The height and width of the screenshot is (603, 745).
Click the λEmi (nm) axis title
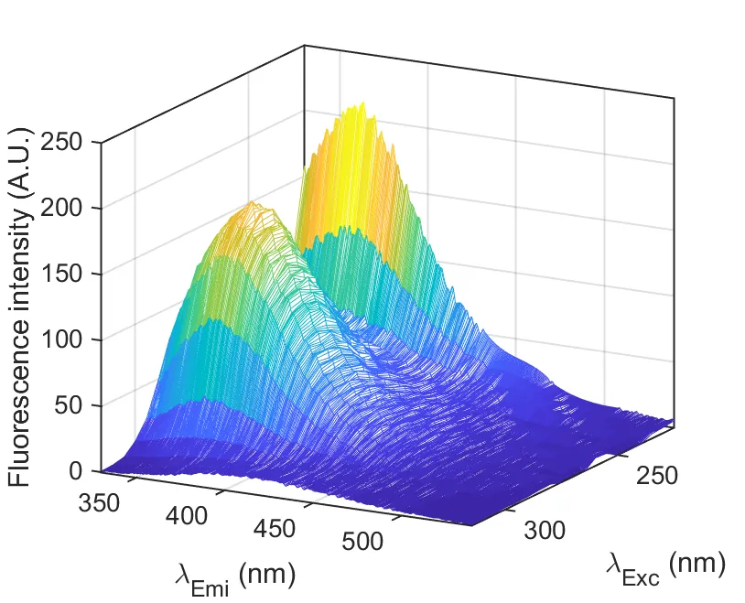pyautogui.click(x=234, y=576)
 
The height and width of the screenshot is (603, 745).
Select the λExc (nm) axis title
pyautogui.click(x=665, y=567)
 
